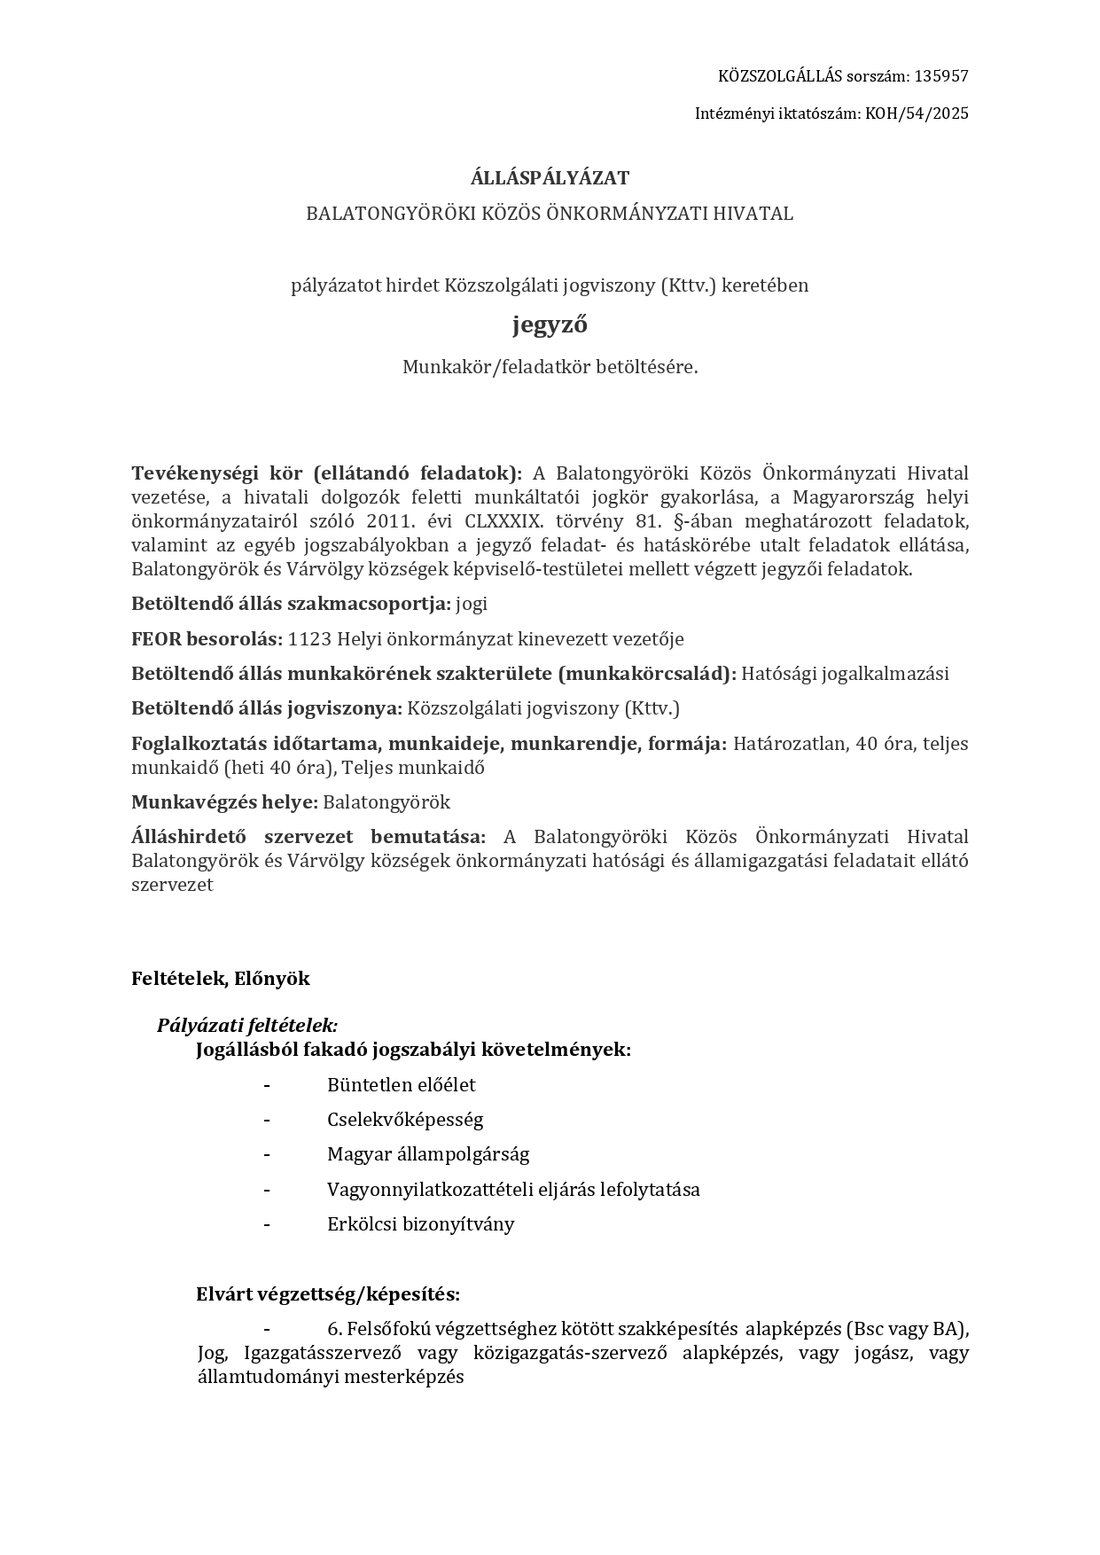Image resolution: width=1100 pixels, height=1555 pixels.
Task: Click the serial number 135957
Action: (x=940, y=76)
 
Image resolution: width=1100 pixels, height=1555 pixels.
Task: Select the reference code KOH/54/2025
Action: (x=917, y=113)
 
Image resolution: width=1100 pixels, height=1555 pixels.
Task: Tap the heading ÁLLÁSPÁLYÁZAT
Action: (x=550, y=178)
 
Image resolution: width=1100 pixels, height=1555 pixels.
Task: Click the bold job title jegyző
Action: (x=550, y=325)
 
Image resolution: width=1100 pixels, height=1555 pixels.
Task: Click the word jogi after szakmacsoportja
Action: (x=472, y=605)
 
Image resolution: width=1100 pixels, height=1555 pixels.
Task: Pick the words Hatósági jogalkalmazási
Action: (x=845, y=674)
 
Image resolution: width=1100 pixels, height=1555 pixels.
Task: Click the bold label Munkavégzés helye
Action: (x=224, y=802)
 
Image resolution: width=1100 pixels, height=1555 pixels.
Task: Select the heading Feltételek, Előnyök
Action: (x=221, y=979)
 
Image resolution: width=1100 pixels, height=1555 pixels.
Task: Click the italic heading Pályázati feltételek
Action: (x=247, y=1026)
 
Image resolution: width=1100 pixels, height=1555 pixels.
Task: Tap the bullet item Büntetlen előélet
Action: (x=401, y=1085)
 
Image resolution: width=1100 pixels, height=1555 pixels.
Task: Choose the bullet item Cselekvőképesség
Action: (x=405, y=1120)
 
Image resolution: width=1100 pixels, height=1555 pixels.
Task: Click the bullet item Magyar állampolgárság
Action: (x=427, y=1154)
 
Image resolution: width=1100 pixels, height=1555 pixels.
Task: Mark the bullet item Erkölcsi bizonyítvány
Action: (x=420, y=1224)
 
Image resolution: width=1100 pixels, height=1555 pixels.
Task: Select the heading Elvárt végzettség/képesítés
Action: (x=328, y=1294)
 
